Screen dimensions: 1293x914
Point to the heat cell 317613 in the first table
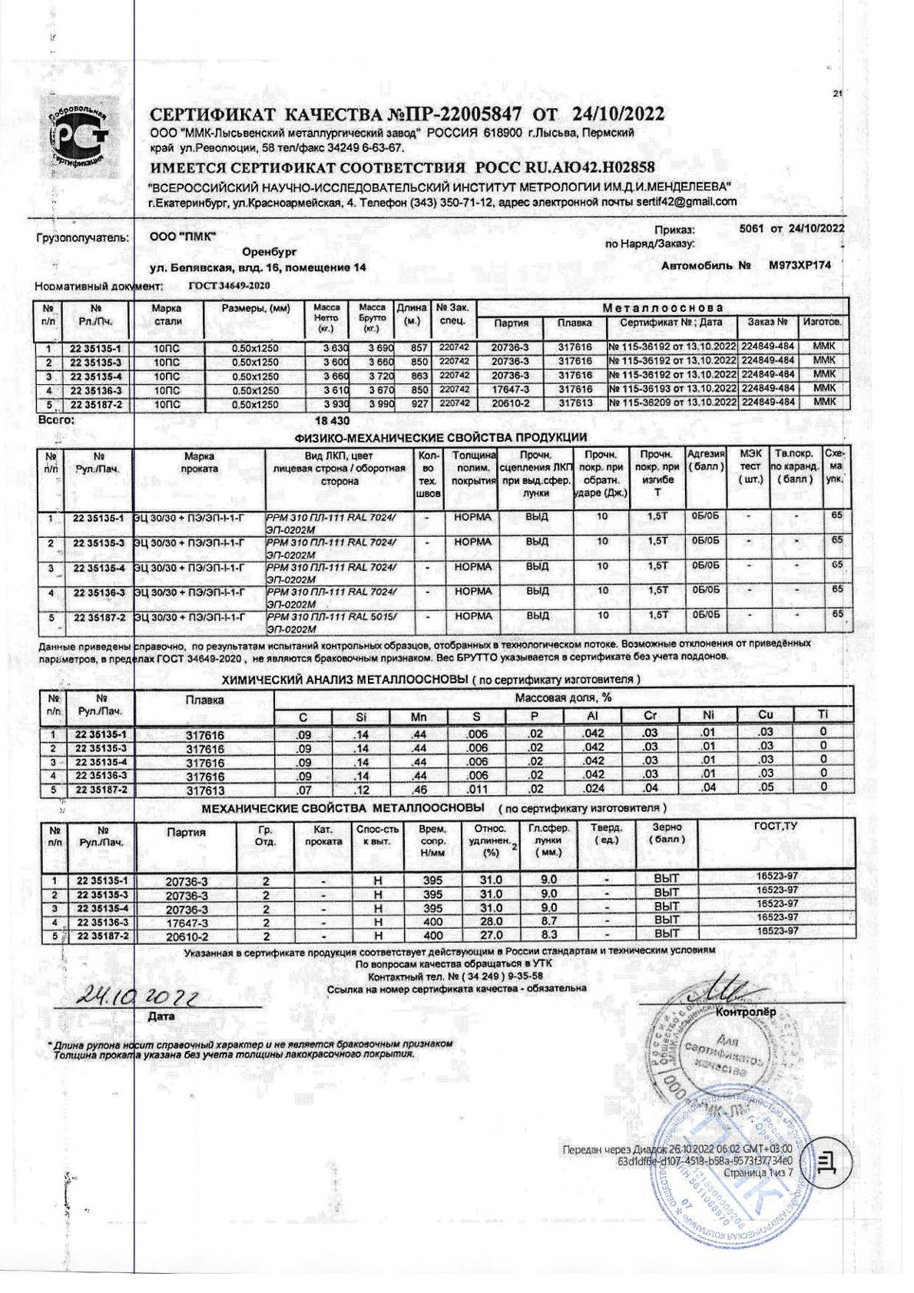(x=575, y=403)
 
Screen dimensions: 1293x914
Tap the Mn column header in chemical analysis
(x=419, y=716)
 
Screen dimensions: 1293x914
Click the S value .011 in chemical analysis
(x=477, y=789)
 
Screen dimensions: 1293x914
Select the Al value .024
(x=594, y=789)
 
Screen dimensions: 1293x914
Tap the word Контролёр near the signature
(x=745, y=1012)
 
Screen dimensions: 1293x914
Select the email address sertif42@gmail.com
(x=686, y=202)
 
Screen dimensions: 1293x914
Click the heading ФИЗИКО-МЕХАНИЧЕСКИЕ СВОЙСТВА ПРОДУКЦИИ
(x=440, y=438)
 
